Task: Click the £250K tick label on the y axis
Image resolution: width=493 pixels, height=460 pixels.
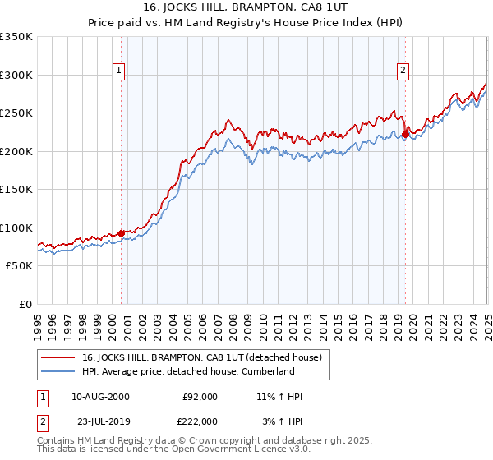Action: (x=16, y=113)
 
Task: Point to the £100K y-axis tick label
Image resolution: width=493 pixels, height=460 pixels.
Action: (x=16, y=228)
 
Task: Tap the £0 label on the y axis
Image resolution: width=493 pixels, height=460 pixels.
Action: (x=26, y=304)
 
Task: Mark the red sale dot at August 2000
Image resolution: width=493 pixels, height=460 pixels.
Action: (x=122, y=233)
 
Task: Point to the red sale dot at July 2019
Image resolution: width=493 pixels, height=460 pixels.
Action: (x=405, y=135)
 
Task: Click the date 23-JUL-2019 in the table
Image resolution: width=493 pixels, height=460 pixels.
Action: (x=100, y=421)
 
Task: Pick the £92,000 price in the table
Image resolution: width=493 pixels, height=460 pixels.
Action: (x=199, y=397)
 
